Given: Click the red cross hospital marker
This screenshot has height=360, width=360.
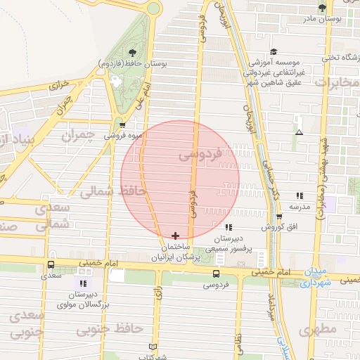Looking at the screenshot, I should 175,235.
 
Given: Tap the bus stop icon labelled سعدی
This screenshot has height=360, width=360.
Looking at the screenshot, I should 51,265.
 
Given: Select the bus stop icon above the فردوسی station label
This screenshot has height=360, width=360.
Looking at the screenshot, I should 216,274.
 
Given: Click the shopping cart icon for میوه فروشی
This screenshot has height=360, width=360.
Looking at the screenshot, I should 123,124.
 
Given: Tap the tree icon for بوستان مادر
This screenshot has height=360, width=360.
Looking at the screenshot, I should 322,8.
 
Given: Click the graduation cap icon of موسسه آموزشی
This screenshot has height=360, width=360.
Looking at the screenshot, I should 274,51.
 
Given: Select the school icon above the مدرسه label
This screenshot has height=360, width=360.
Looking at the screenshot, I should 300,195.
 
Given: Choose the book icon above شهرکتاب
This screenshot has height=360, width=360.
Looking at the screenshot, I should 154,347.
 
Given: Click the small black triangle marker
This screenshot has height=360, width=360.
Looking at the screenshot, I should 300,131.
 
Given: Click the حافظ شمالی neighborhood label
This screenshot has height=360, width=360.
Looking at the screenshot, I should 112,190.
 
